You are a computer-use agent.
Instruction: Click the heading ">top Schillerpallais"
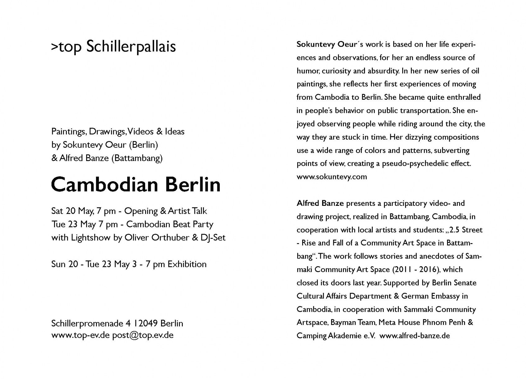click(113, 47)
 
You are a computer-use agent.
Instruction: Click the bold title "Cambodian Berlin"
click(136, 184)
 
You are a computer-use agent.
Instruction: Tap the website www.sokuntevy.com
click(332, 177)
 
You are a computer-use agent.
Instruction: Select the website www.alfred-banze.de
click(414, 336)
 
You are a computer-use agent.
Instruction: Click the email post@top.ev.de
click(143, 335)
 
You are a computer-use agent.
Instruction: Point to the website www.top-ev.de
click(81, 335)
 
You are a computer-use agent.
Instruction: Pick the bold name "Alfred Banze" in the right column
click(320, 203)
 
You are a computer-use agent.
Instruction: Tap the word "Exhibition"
click(187, 264)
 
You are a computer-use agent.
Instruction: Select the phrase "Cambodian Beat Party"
click(170, 224)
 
